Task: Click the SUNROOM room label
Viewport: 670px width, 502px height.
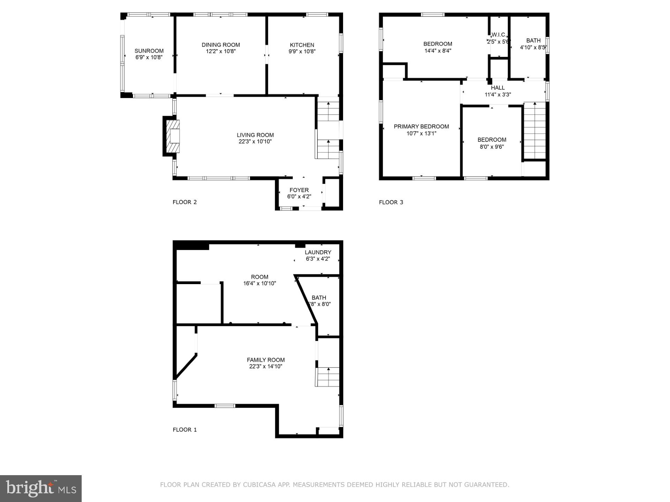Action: (x=149, y=51)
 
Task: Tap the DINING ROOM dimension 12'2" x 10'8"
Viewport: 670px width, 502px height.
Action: (x=221, y=51)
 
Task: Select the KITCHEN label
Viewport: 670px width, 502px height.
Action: (x=302, y=45)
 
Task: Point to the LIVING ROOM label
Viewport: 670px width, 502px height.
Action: (x=255, y=135)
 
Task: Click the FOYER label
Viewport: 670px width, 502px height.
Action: (x=299, y=190)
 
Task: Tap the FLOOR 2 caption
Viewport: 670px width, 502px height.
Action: (x=185, y=202)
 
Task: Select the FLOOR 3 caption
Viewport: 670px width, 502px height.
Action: (x=391, y=202)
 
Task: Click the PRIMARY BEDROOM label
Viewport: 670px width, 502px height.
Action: (x=421, y=127)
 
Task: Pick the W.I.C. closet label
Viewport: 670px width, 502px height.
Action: (x=498, y=35)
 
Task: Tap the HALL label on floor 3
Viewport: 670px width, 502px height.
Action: (x=498, y=88)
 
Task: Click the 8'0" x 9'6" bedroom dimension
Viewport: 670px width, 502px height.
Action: (x=492, y=147)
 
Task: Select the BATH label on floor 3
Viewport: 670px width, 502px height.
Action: (x=533, y=41)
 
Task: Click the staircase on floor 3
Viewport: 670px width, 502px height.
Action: (x=535, y=131)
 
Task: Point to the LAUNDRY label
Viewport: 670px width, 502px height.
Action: (x=318, y=252)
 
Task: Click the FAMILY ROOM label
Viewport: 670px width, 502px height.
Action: (x=266, y=360)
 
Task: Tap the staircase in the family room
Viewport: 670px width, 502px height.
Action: (x=328, y=376)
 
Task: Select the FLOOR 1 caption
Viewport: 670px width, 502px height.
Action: (x=185, y=430)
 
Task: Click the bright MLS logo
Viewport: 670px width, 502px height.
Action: (x=41, y=488)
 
